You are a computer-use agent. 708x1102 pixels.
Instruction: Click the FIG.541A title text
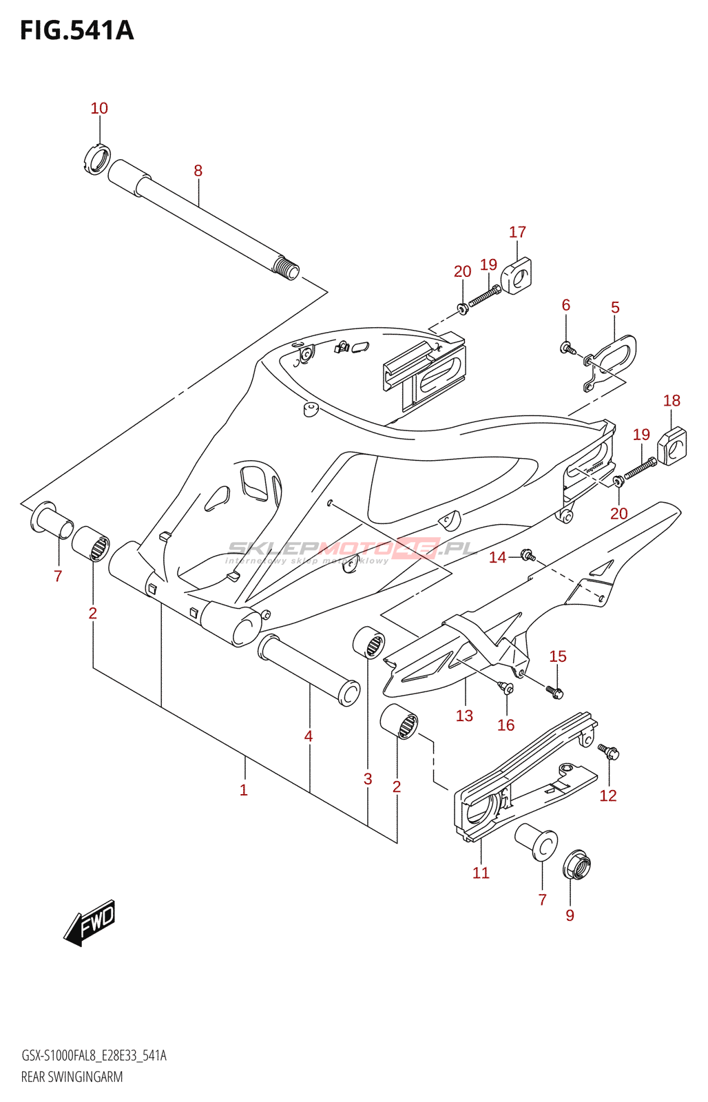tap(76, 30)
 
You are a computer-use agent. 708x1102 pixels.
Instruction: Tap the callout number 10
tap(99, 108)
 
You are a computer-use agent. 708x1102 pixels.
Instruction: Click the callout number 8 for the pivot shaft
tap(198, 170)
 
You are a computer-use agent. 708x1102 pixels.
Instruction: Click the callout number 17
tap(517, 232)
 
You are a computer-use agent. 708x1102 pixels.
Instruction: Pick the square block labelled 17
tap(519, 275)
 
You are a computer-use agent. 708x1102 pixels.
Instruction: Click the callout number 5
tap(615, 307)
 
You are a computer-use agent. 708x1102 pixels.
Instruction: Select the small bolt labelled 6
tap(568, 348)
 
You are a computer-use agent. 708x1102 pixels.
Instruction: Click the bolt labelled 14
tap(528, 554)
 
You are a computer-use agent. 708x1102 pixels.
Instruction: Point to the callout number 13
tap(464, 716)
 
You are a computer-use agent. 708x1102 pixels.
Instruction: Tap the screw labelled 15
tap(555, 692)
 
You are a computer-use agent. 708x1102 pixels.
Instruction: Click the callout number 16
tap(506, 725)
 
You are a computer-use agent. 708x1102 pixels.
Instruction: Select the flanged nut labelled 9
tap(576, 864)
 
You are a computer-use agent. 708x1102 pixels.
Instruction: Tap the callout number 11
tap(481, 873)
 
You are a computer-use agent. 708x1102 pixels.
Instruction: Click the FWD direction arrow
tap(90, 922)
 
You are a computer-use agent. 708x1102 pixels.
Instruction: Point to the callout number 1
tap(243, 789)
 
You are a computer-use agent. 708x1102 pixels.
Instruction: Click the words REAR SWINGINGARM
tap(72, 1077)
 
